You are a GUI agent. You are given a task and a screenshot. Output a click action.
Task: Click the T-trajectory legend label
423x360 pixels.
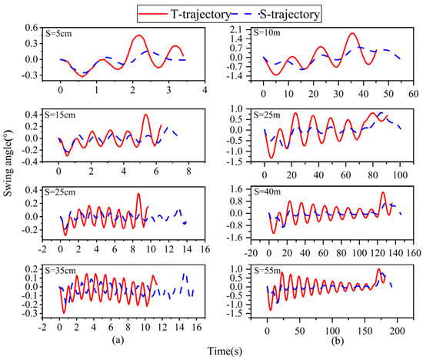coord(201,14)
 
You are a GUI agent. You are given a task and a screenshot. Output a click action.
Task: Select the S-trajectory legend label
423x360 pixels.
coord(289,14)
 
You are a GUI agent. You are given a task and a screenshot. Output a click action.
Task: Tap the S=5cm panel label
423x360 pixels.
coord(58,34)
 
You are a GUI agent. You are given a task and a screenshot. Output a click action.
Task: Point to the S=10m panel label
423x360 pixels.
coord(267,32)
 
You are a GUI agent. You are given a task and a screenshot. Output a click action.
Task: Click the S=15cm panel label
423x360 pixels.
coord(60,115)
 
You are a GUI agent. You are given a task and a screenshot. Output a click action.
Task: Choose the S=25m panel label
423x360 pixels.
coord(267,115)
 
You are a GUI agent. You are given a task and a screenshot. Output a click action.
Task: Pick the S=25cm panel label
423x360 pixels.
coord(60,192)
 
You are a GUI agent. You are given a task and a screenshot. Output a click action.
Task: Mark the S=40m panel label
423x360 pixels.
coord(267,192)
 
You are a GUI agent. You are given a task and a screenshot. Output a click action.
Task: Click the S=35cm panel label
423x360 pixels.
coord(61,271)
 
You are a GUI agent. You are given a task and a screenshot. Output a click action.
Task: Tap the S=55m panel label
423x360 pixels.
coord(267,271)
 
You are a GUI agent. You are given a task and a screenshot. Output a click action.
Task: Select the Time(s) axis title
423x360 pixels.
coord(225,351)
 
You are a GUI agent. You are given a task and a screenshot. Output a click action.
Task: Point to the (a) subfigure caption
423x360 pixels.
coord(118,340)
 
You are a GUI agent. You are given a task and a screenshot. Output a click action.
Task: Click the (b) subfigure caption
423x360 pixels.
coord(338,341)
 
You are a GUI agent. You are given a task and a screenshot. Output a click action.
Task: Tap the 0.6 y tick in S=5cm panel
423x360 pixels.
coord(32,28)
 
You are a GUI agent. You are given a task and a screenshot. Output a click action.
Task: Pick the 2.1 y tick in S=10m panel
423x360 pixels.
coord(238,30)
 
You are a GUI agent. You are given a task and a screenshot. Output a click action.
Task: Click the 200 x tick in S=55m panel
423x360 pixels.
coord(398,331)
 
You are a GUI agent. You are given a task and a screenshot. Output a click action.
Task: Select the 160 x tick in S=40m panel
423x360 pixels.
coord(413,253)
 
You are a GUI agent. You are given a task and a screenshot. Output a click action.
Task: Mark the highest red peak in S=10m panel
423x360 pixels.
coord(352,33)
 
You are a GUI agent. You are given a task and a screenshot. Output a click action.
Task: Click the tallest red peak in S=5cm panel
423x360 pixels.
coord(139,35)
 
